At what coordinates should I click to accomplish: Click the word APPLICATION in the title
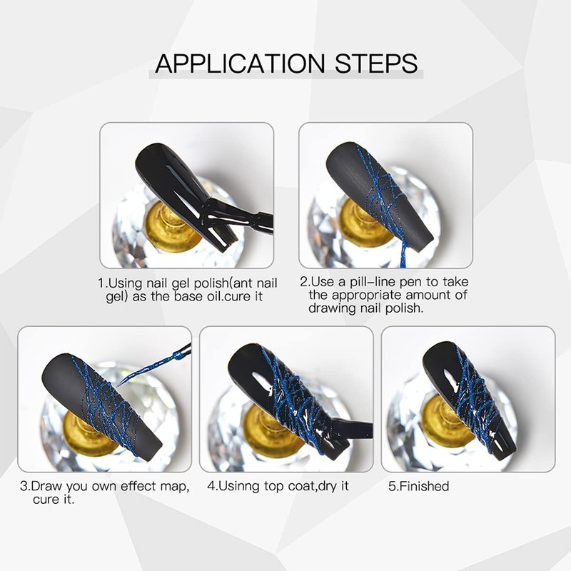pyautogui.click(x=240, y=64)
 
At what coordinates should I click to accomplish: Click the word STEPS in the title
pyautogui.click(x=376, y=64)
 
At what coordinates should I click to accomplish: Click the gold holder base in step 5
pyautogui.click(x=448, y=423)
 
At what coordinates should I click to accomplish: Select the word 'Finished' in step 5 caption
pyautogui.click(x=424, y=487)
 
